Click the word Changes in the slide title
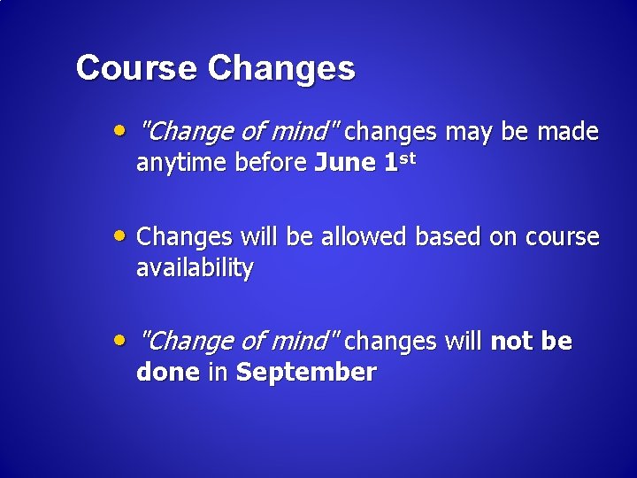(281, 69)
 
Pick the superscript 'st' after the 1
(404, 158)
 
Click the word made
(567, 133)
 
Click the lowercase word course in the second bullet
(562, 238)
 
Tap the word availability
(195, 268)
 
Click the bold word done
(168, 372)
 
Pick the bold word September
(306, 373)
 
